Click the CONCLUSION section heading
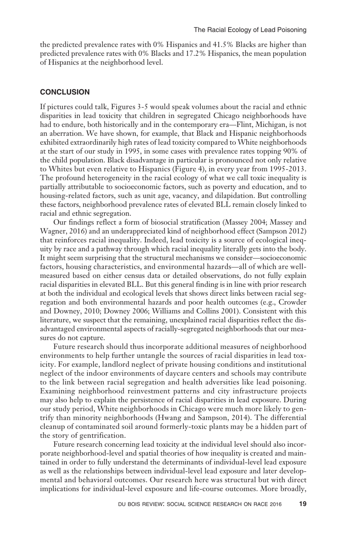[65, 92]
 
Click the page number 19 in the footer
[302, 504]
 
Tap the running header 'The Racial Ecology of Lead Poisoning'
[250, 30]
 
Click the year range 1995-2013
[285, 169]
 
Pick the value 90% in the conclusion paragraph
[291, 151]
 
